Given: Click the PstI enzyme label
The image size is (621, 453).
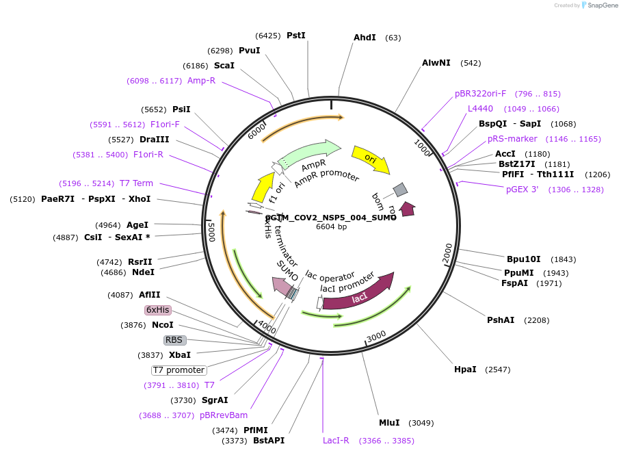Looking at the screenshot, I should (x=295, y=36).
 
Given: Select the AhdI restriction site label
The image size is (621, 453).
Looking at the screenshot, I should (x=365, y=38).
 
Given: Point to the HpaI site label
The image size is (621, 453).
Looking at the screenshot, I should (x=465, y=370).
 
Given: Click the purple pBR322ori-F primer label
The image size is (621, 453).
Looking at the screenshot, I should (x=480, y=94).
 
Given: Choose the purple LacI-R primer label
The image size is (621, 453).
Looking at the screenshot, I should (x=336, y=441).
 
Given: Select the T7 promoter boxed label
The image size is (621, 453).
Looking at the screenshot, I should (x=179, y=370).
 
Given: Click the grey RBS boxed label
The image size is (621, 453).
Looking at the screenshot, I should (x=174, y=340).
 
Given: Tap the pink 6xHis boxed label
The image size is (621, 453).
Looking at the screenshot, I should (x=157, y=310).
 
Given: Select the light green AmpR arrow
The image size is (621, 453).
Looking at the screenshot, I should (x=310, y=153).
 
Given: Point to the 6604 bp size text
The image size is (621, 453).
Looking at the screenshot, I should (x=331, y=226).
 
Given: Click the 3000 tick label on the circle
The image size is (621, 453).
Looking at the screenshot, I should (x=377, y=335).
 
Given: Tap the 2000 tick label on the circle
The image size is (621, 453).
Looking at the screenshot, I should (x=448, y=251).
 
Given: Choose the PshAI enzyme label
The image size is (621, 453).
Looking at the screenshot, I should (x=500, y=320).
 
